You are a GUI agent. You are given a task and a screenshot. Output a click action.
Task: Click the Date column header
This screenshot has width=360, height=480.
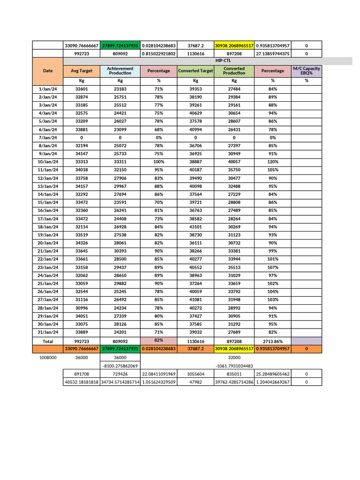[48, 71]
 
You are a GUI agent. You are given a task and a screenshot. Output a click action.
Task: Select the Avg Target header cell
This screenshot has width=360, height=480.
[81, 71]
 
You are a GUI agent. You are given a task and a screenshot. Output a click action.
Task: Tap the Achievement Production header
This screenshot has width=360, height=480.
[120, 71]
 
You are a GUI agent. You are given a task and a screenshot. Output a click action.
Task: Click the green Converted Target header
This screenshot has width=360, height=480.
[195, 71]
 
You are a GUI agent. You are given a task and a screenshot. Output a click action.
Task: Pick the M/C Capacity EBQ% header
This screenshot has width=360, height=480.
[306, 71]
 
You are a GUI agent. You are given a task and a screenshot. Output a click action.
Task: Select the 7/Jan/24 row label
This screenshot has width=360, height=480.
[48, 138]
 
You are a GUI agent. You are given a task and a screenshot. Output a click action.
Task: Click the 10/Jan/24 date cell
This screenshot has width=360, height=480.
[48, 162]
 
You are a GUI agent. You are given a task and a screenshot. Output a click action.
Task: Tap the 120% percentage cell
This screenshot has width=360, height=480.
[272, 162]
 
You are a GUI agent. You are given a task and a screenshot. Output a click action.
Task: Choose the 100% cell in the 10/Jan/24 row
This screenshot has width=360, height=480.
[158, 162]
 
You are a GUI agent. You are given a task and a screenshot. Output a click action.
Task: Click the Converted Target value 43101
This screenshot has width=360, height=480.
[195, 227]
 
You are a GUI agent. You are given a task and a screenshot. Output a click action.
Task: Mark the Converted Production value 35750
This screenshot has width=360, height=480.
[234, 170]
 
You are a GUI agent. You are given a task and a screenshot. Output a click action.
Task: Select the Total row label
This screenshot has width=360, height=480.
[48, 341]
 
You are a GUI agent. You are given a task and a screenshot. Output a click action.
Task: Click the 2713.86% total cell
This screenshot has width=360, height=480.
[272, 341]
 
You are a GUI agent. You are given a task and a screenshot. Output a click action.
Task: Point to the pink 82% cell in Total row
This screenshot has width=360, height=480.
[158, 341]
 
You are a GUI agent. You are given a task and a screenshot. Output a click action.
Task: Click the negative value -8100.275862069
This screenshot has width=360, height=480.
[120, 366]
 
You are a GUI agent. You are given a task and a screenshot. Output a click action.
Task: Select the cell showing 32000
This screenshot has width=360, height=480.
[234, 358]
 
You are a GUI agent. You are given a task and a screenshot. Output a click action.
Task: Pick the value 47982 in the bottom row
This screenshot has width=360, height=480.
[195, 382]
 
